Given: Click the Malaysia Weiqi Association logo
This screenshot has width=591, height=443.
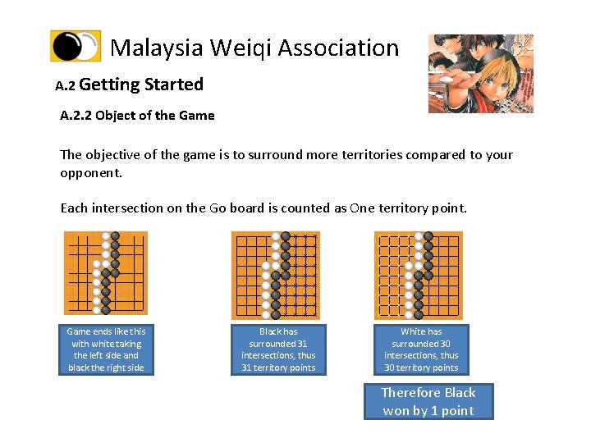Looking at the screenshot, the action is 76,47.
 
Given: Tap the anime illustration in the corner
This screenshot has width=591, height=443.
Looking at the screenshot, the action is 480,73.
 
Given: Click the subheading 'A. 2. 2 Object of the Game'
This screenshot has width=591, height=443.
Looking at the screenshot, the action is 137,116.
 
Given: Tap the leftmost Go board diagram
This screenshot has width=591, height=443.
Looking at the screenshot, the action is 106,273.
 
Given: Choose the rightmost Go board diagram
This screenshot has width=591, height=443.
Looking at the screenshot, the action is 418,275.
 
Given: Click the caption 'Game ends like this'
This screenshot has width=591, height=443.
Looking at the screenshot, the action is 106,349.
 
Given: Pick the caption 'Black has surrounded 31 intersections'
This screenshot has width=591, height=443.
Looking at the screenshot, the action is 278,349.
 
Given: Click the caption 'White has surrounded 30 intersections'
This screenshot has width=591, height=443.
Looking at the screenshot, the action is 421,349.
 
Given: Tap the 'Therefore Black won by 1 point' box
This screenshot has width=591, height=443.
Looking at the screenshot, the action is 428,402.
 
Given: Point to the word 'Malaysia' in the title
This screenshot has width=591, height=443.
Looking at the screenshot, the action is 156,48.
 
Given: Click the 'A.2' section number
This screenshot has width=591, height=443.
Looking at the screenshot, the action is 65,85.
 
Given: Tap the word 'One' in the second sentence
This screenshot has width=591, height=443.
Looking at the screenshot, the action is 361,208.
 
